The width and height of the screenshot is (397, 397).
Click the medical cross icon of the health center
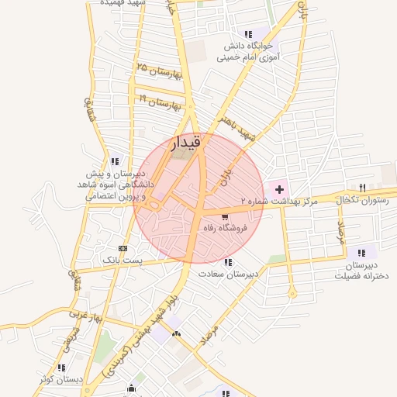click(279, 188)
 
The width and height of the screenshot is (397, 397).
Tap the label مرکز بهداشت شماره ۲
click(279, 202)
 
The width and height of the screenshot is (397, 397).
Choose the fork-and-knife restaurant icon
click(362, 187)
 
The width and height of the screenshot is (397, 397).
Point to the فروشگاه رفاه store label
click(223, 229)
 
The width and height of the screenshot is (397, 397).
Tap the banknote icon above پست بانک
click(123, 248)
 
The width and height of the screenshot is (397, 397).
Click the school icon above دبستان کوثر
click(61, 367)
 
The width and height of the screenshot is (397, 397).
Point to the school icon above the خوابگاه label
click(248, 34)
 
